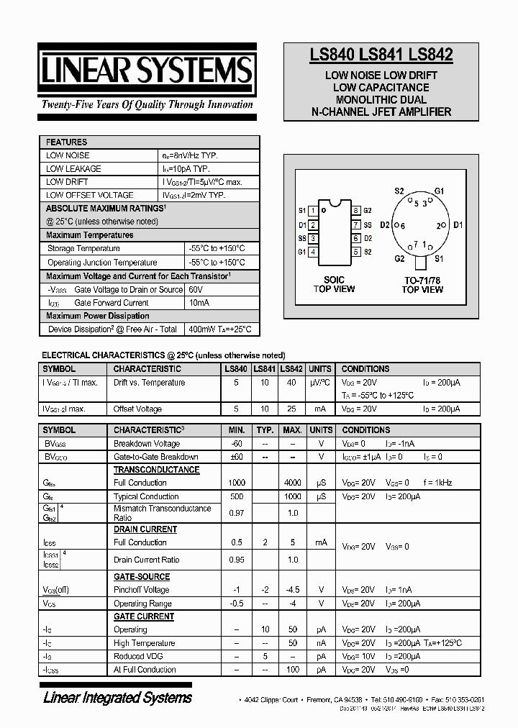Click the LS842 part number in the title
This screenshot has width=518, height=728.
pos(430,55)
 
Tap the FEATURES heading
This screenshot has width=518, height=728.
pos(66,142)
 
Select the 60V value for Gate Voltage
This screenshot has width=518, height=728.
pos(196,290)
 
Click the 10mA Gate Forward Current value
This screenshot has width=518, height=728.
pos(199,303)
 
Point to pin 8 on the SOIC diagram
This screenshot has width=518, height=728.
pos(355,211)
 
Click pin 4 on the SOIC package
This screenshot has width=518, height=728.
pos(313,252)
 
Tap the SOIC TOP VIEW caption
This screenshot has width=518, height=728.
pos(334,284)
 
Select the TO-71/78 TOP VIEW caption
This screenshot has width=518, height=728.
pos(422,284)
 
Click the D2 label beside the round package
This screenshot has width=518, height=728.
pos(385,225)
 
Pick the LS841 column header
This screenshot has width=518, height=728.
pos(264,369)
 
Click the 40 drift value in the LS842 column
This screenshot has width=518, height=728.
pos(291,383)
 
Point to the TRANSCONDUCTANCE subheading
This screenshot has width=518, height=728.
pos(156,470)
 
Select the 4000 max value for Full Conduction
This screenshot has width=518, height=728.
pos(292,483)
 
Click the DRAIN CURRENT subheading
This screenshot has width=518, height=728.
pos(145,529)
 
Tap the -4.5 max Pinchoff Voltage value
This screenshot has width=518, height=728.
pos(292,590)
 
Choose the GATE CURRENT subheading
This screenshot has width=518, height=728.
pos(144,616)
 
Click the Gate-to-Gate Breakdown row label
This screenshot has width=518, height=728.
pos(156,457)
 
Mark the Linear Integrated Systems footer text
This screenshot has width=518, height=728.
pos(117,697)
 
